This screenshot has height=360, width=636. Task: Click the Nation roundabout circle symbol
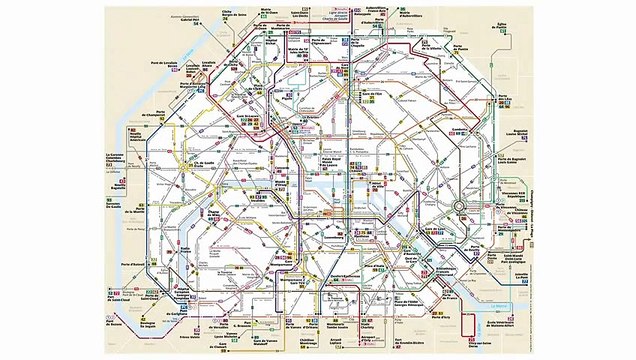click(x=459, y=206)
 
